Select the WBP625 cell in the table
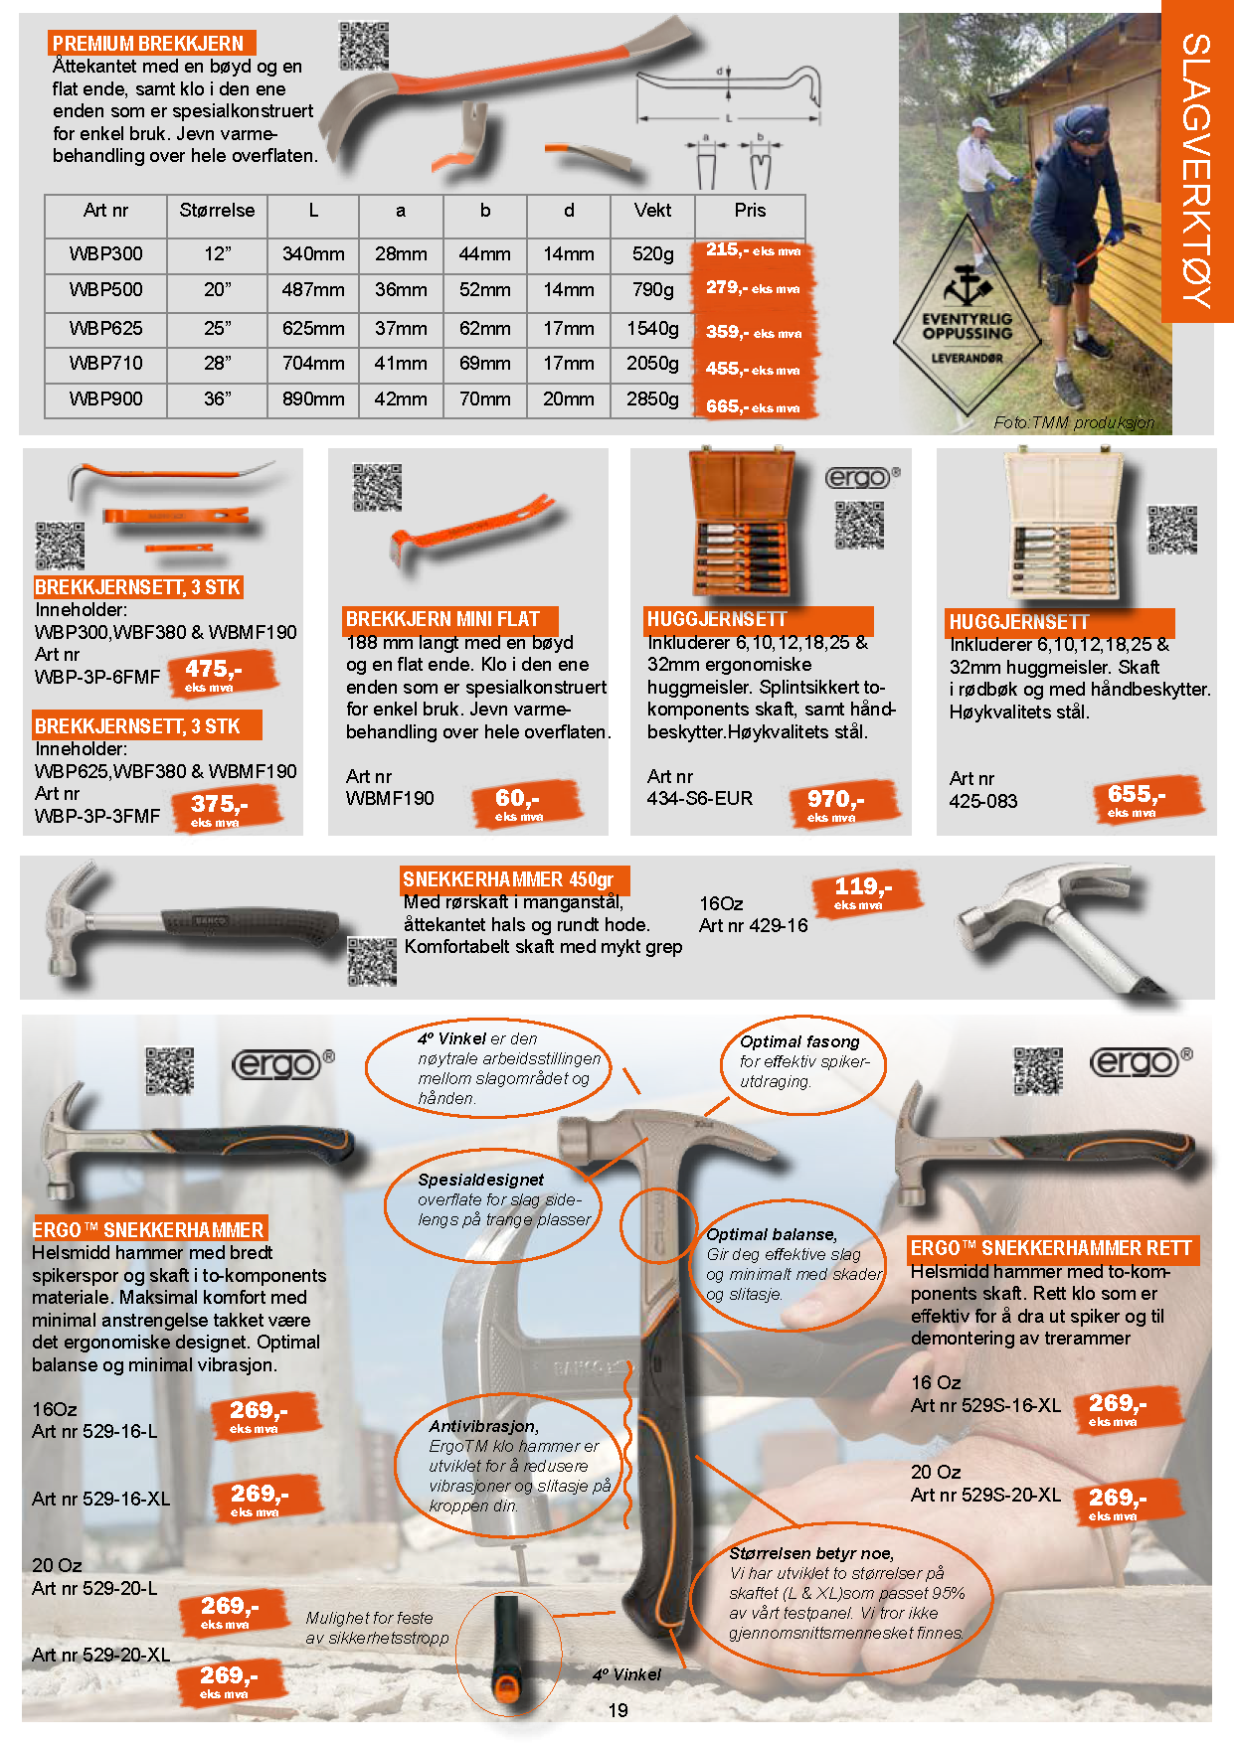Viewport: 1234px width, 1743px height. click(105, 328)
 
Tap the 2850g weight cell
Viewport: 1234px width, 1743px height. click(652, 398)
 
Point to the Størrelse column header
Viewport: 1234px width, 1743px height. click(217, 211)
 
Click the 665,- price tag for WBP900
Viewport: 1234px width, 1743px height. click(754, 406)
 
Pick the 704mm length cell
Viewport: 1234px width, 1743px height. click(313, 363)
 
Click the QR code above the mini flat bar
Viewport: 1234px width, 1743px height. click(378, 487)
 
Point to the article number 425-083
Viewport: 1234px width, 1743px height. click(983, 801)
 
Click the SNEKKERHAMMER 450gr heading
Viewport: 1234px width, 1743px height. click(508, 879)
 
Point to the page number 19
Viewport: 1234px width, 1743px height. click(617, 1710)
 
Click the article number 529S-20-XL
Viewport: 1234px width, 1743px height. click(1011, 1495)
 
